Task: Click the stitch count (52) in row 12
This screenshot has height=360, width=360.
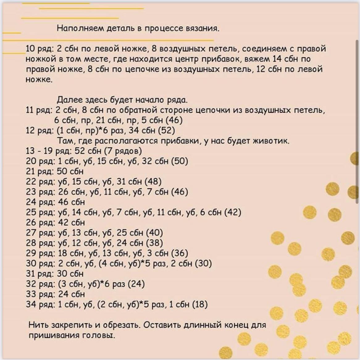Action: coord(166,131)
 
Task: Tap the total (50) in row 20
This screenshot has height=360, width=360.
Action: coord(179,161)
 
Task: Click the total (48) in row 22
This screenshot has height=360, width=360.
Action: coord(153,182)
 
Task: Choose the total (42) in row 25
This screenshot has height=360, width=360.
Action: coord(233,212)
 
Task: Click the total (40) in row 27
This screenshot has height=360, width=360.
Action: coord(154,233)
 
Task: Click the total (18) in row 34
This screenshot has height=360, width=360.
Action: coord(199,304)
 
